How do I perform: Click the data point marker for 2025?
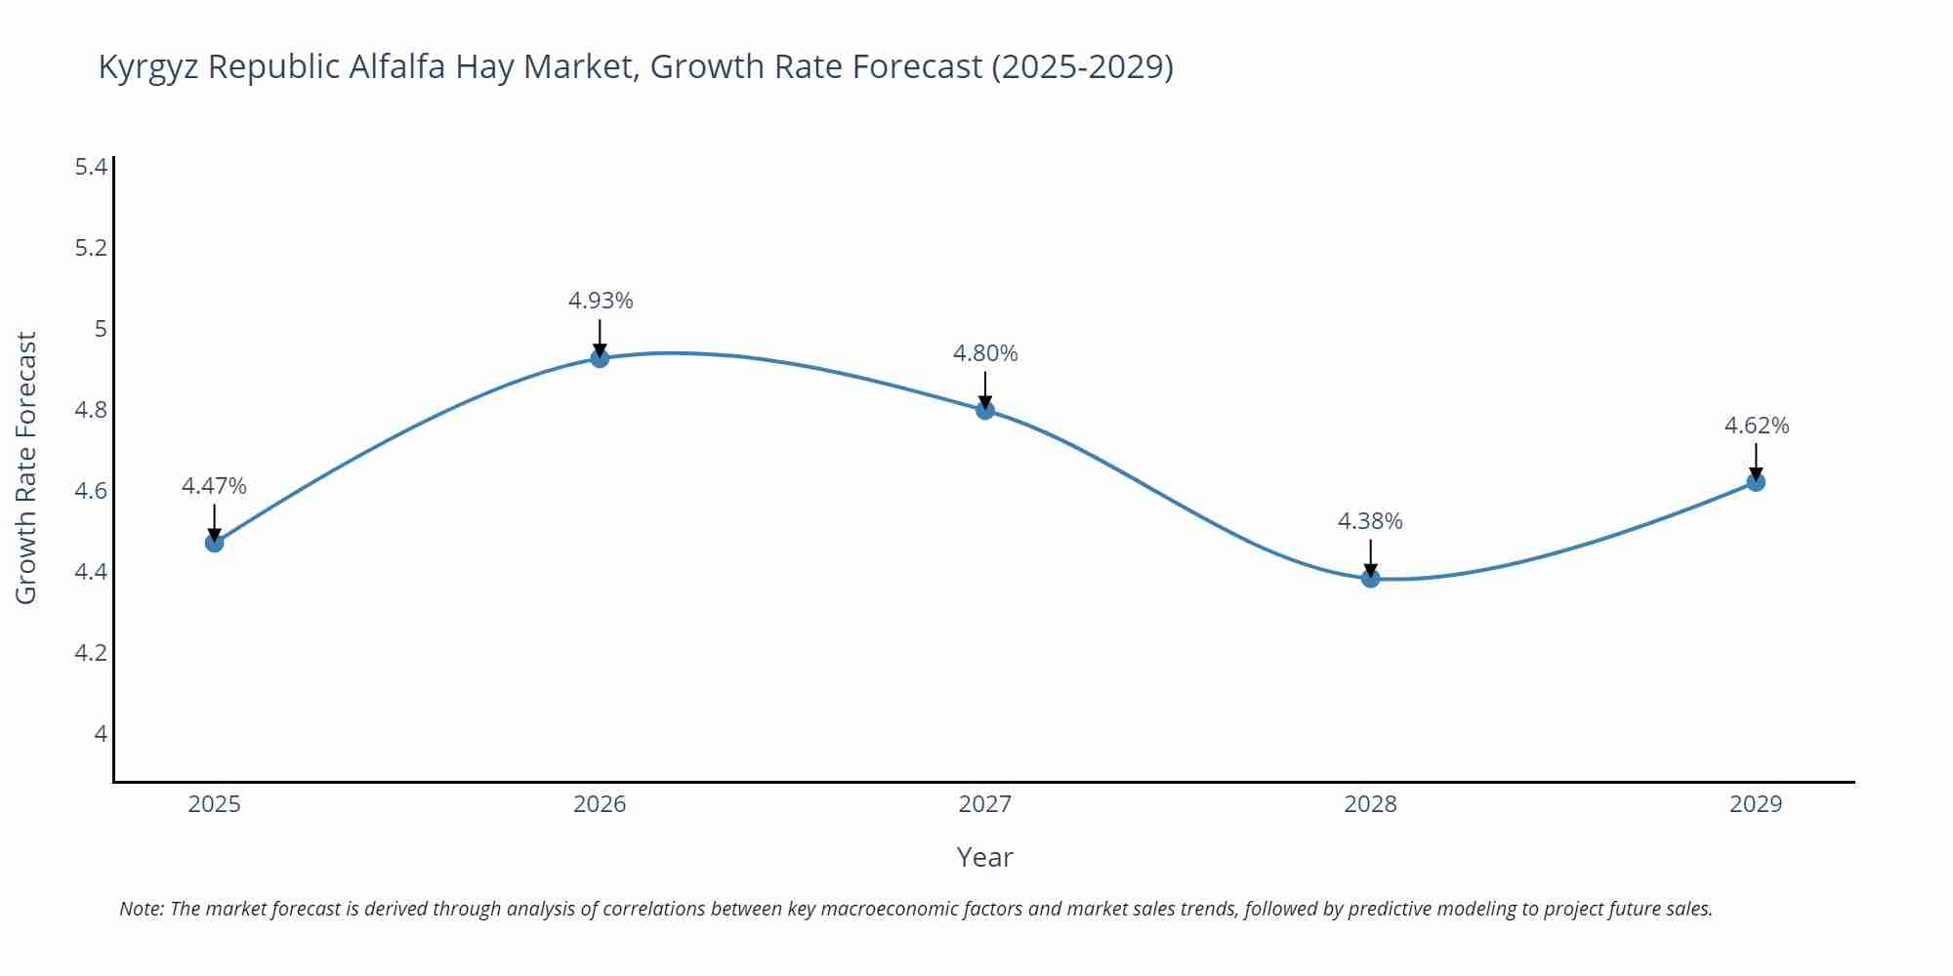(x=215, y=543)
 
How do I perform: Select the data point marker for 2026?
(x=600, y=358)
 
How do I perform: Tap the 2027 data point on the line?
(x=985, y=410)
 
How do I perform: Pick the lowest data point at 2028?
(x=1370, y=579)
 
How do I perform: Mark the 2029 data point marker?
(x=1756, y=482)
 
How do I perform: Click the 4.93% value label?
(x=601, y=301)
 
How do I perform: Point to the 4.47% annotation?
(x=214, y=486)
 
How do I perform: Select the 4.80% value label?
(x=985, y=353)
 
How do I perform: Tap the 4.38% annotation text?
(x=1370, y=521)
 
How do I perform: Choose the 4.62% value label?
(x=1757, y=426)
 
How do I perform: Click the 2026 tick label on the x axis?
(x=600, y=804)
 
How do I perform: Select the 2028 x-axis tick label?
(x=1370, y=804)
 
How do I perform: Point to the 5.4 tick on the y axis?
(x=91, y=167)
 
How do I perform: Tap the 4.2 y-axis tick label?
(x=91, y=652)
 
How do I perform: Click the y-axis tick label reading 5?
(x=100, y=329)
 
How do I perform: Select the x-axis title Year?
(x=984, y=857)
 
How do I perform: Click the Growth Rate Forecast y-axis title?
(x=26, y=468)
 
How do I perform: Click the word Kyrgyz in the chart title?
(x=148, y=67)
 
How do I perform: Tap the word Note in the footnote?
(x=141, y=909)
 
